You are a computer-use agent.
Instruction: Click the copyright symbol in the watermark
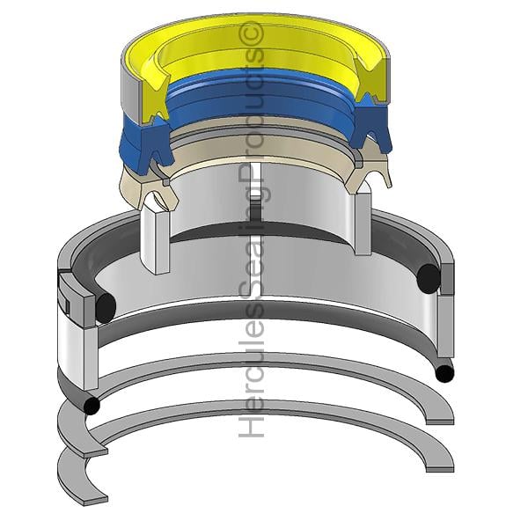click(x=253, y=33)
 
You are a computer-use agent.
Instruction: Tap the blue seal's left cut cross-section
click(x=152, y=146)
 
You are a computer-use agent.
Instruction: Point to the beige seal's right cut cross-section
click(x=369, y=172)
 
